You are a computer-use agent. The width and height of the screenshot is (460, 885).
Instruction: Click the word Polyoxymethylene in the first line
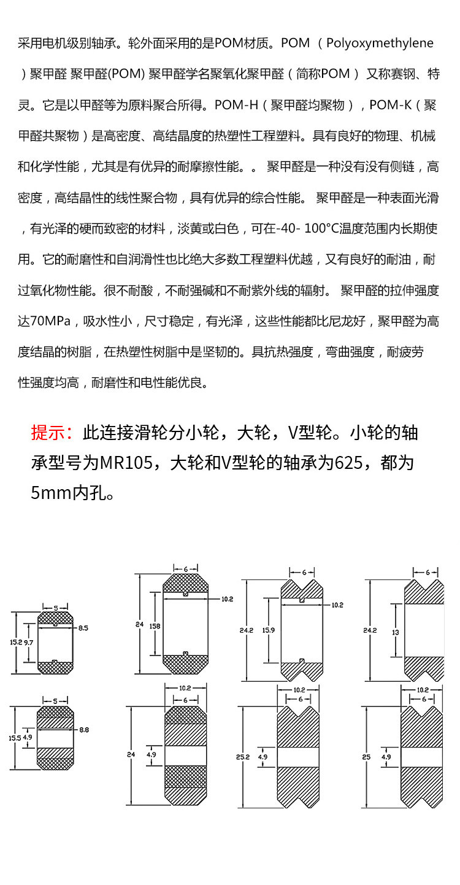tap(380, 44)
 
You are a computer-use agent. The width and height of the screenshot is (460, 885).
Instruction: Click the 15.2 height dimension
tap(16, 642)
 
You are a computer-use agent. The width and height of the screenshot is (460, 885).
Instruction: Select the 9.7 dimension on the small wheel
tap(29, 642)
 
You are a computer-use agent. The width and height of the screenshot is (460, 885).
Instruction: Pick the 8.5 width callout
tap(83, 628)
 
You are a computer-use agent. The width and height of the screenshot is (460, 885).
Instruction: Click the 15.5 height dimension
tap(16, 738)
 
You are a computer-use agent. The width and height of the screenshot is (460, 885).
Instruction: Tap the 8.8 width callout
tap(83, 730)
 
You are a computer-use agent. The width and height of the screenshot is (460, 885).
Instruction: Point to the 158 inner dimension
tap(155, 626)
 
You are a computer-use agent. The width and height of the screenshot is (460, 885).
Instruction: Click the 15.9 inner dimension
tap(268, 630)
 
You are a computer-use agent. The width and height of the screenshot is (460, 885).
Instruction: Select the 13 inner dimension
tap(396, 632)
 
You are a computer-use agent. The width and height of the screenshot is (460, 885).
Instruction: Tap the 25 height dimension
tap(366, 757)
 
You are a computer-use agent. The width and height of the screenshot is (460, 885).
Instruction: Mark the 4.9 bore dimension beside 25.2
tap(263, 757)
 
